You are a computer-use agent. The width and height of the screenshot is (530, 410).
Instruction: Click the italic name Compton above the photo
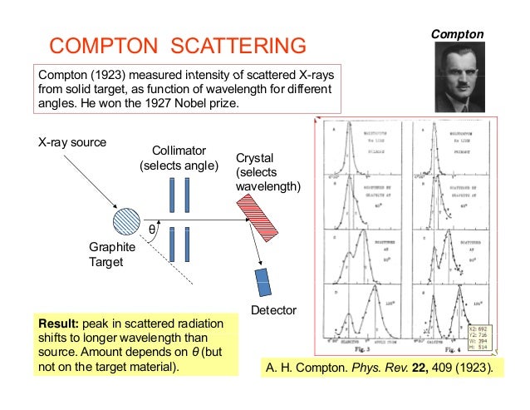pos(457,33)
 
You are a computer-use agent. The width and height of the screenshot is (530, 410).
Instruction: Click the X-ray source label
pos(73,141)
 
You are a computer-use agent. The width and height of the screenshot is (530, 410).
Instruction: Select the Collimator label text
pos(179,150)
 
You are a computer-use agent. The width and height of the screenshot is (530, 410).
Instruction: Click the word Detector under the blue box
pos(273,311)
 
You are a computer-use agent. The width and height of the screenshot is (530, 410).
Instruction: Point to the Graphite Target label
pos(111,254)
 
